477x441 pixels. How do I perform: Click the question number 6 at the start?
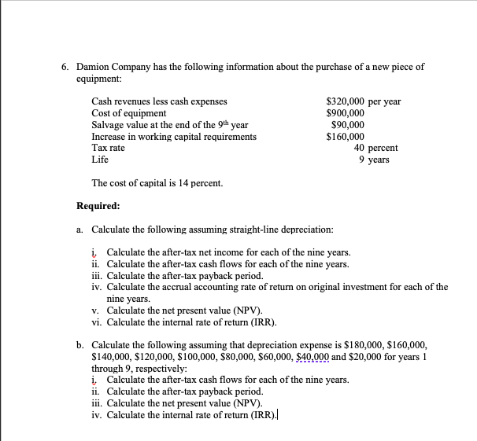click(66, 67)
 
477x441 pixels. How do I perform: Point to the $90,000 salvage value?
click(347, 125)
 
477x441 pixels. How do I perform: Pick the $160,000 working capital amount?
click(344, 137)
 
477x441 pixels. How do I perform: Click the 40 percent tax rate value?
click(375, 148)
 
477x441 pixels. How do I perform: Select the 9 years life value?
click(373, 160)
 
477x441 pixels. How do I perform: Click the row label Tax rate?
click(109, 148)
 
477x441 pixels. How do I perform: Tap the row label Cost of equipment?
click(129, 113)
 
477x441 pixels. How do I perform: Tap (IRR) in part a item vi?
click(260, 322)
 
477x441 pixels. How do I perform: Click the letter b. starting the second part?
click(81, 344)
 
